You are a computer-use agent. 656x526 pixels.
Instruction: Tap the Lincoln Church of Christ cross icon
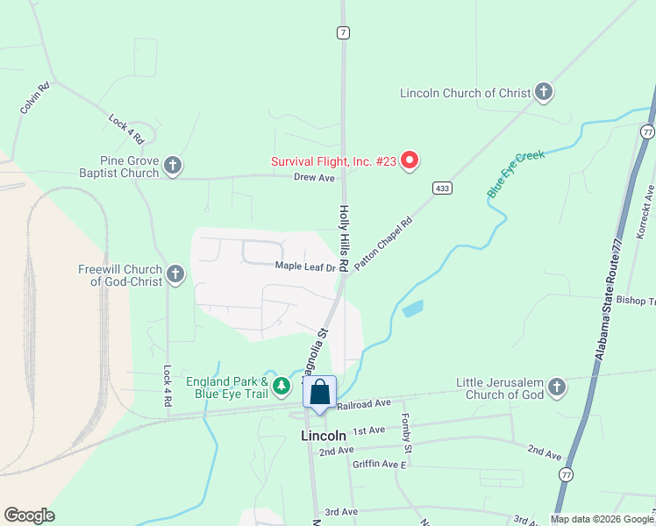544,93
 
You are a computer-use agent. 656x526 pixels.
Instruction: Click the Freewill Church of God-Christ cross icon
175,275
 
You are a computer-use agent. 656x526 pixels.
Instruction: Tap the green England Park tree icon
282,386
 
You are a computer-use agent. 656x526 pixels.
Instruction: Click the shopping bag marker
320,393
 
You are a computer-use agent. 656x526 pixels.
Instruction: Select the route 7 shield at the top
343,32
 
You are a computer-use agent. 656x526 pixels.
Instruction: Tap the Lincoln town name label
324,436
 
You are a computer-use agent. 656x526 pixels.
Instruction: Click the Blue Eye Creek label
516,173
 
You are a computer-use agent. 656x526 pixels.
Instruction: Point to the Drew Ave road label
315,177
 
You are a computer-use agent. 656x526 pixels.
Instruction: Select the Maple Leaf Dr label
305,266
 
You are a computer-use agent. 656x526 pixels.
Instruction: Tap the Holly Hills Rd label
345,238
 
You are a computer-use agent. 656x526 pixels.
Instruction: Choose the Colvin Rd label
35,97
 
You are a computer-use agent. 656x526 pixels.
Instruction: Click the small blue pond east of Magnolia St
411,309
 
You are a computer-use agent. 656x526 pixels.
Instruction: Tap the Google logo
29,515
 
